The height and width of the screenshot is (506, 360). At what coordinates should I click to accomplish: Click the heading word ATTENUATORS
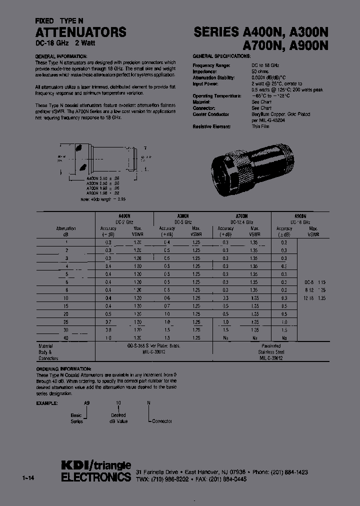coord(80,32)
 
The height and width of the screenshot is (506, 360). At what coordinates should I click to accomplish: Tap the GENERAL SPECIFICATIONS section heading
coord(217,56)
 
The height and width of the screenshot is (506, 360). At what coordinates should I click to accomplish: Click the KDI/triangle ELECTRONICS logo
coord(96,471)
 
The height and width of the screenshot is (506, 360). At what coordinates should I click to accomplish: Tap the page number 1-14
coord(28,478)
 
